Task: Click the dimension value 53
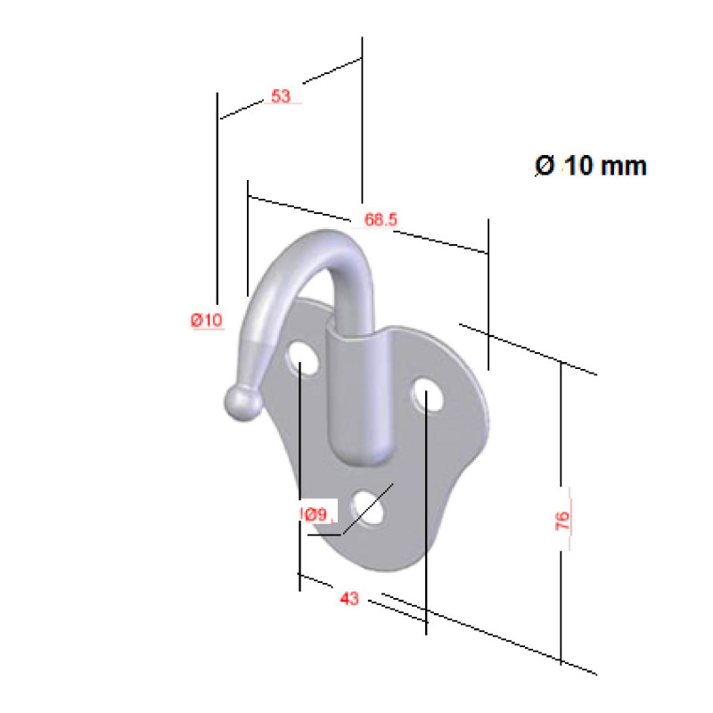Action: click(x=281, y=96)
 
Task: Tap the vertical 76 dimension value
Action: click(x=563, y=520)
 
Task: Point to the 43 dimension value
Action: click(x=349, y=600)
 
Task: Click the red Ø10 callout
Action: click(x=207, y=321)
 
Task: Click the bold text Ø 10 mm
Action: click(x=590, y=166)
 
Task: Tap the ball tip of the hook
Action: click(x=242, y=403)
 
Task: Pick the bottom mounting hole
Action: click(x=369, y=507)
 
